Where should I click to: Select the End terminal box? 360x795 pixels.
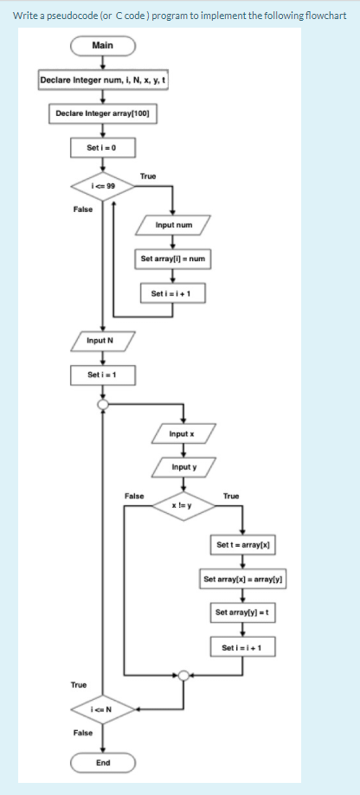pos(103,763)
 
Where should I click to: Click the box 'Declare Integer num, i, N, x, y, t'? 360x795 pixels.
pos(103,81)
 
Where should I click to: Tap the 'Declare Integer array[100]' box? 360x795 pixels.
pos(103,113)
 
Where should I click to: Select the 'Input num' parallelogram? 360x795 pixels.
pos(173,225)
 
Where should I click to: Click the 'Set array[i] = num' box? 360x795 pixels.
pos(173,259)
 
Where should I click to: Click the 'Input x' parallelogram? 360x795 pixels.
pos(181,433)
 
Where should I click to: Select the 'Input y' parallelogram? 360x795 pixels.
pos(181,467)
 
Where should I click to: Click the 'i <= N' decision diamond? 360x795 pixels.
pos(103,711)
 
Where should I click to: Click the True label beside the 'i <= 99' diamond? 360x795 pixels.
pos(148,176)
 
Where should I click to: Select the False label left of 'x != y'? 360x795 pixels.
pos(134,496)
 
